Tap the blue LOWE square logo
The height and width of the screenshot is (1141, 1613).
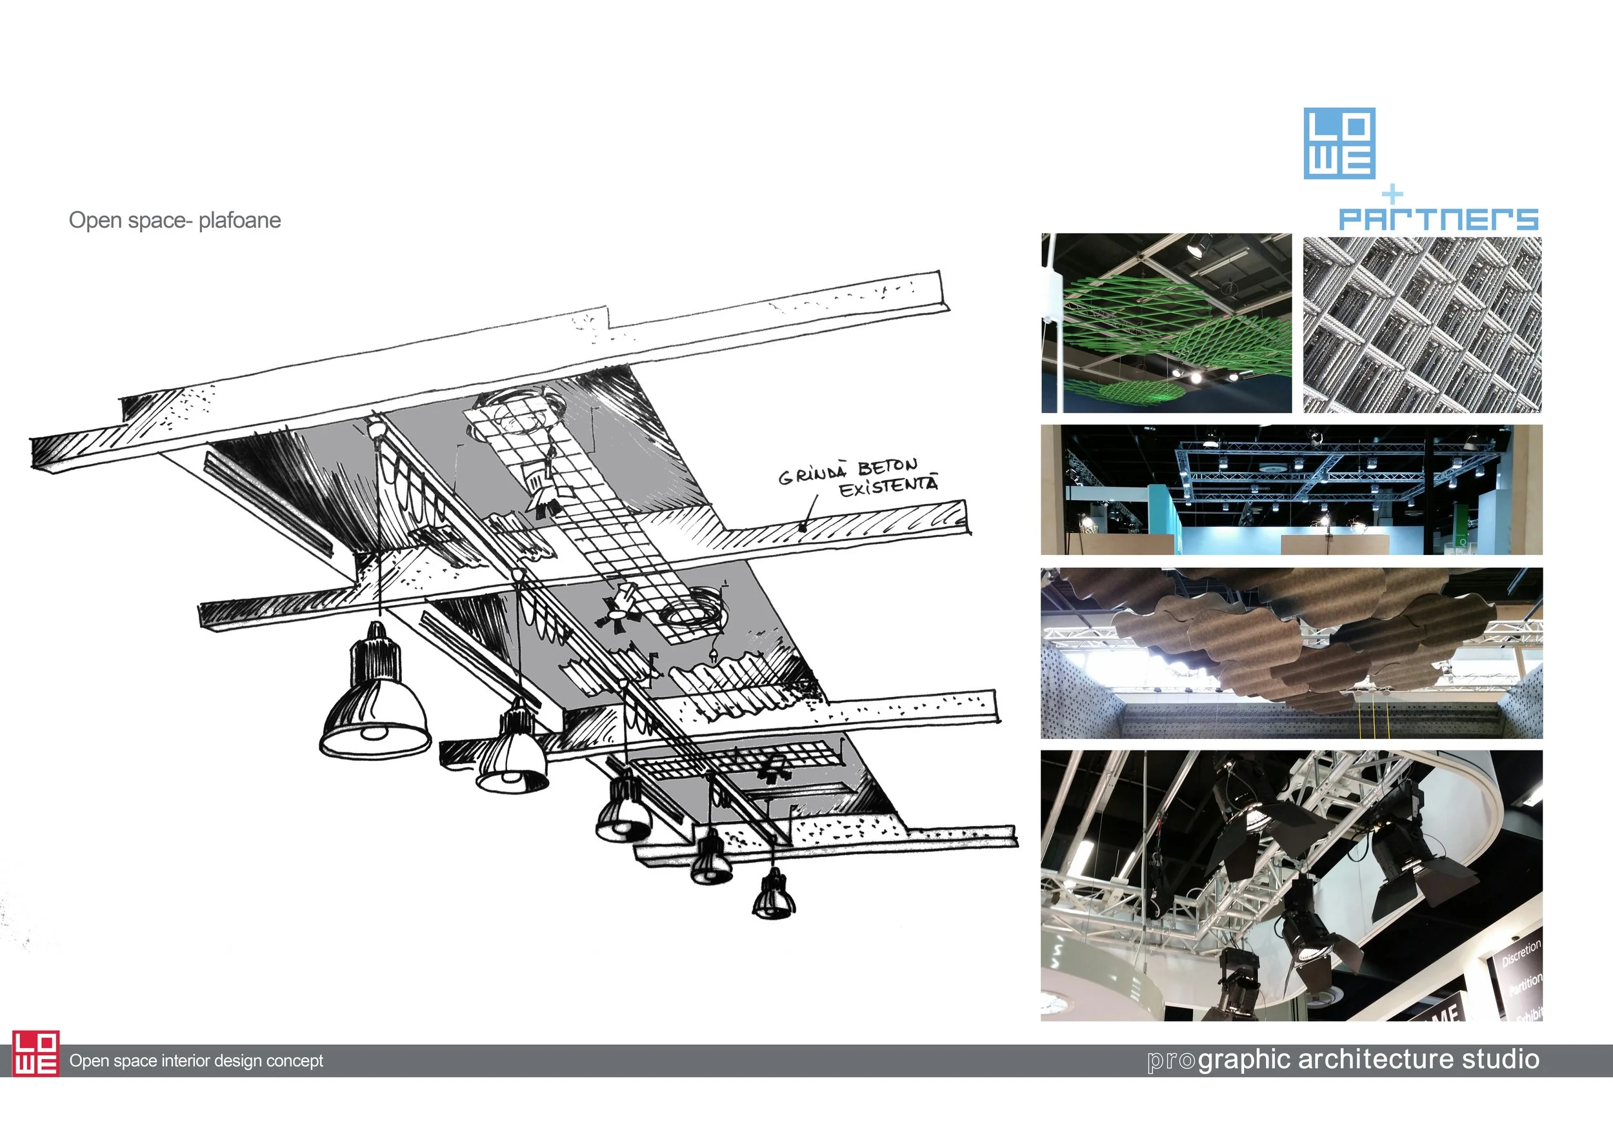click(x=1339, y=143)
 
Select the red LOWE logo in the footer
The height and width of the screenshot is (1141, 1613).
click(x=36, y=1053)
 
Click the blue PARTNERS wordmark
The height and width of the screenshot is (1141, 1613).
click(x=1438, y=219)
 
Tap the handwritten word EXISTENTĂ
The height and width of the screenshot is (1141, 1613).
click(x=888, y=486)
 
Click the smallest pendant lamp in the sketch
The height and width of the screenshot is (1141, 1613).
click(x=774, y=898)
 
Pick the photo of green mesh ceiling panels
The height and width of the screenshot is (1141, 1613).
click(x=1166, y=323)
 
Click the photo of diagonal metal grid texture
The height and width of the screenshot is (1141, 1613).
click(x=1422, y=325)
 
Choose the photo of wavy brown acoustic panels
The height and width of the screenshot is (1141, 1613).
click(x=1291, y=652)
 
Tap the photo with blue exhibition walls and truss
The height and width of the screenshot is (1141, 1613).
click(x=1291, y=490)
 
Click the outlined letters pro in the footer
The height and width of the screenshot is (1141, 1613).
click(x=1171, y=1060)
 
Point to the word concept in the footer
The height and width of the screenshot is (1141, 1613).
click(x=297, y=1061)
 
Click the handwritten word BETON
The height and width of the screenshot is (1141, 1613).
click(x=887, y=467)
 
